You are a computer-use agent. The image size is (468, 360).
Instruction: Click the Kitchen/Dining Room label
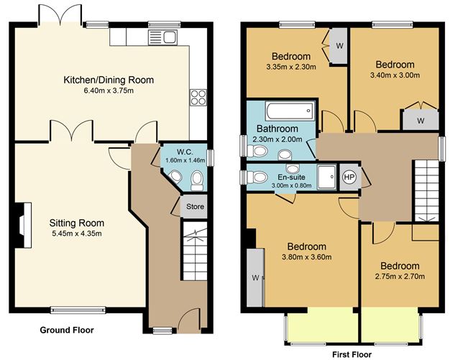[x=109, y=79]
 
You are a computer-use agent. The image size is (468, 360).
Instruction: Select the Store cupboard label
[x=195, y=207]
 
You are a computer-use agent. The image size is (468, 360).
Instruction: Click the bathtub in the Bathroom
[x=289, y=112]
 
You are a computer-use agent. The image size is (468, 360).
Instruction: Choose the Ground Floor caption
[x=67, y=331]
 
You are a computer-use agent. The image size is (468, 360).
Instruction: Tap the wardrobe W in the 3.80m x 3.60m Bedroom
[x=254, y=277]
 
